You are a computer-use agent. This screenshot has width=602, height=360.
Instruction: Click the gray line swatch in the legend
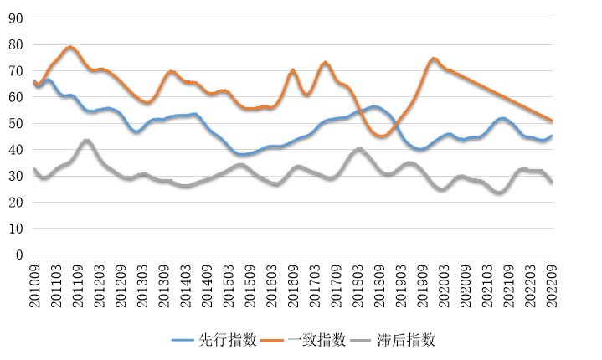point(363,340)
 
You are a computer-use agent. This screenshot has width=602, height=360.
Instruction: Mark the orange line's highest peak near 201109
point(70,47)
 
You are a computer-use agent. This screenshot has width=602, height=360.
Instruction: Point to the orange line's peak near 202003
point(433,59)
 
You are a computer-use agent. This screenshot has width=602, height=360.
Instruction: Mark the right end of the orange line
point(552,121)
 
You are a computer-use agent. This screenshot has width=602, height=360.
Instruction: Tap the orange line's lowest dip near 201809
point(381,136)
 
